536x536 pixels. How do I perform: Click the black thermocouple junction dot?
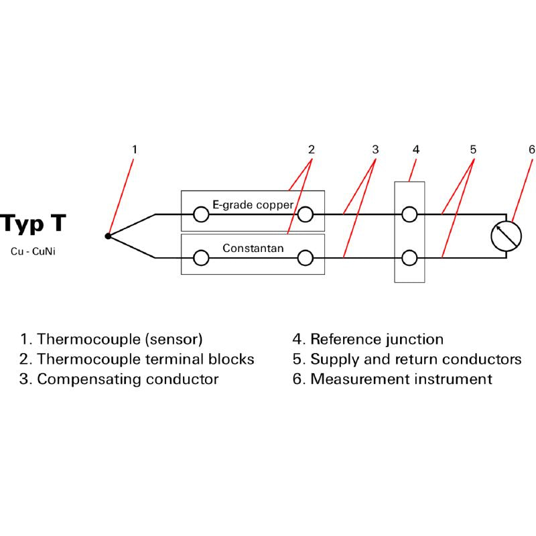pyautogui.click(x=108, y=236)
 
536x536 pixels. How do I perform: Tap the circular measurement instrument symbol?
pyautogui.click(x=506, y=236)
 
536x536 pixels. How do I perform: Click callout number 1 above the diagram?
pyautogui.click(x=134, y=149)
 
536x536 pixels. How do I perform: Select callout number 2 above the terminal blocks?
pyautogui.click(x=311, y=149)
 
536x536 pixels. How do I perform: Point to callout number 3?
pyautogui.click(x=375, y=149)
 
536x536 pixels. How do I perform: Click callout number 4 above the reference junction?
pyautogui.click(x=415, y=149)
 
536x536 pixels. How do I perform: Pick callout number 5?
pyautogui.click(x=473, y=149)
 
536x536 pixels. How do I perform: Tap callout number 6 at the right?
pyautogui.click(x=531, y=149)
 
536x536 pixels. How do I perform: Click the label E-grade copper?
pyautogui.click(x=253, y=204)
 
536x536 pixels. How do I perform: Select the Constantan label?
pyautogui.click(x=253, y=249)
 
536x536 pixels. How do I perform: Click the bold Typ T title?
pyautogui.click(x=33, y=223)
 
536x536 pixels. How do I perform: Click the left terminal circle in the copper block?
pyautogui.click(x=200, y=214)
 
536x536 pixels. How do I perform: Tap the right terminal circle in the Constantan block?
pyautogui.click(x=306, y=258)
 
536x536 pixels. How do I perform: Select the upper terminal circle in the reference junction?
pyautogui.click(x=409, y=214)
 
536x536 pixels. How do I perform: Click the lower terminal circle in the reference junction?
pyautogui.click(x=409, y=258)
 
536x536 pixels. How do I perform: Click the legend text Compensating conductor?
pyautogui.click(x=127, y=379)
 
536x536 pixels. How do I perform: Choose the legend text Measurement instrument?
pyautogui.click(x=401, y=379)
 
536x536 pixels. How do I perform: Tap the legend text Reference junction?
pyautogui.click(x=377, y=340)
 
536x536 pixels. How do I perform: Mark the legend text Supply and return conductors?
pyautogui.click(x=415, y=359)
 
